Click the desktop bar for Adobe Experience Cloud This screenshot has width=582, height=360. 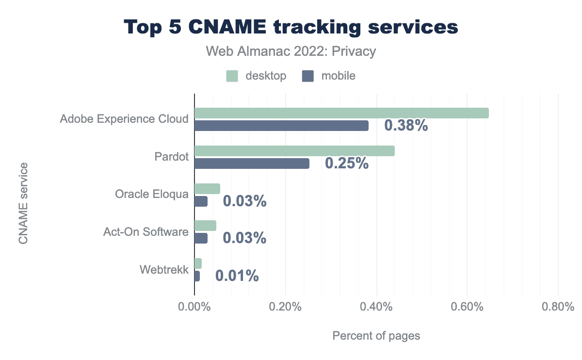(341, 113)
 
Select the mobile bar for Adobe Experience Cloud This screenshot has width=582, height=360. (281, 126)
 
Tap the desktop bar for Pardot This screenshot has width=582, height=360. (294, 151)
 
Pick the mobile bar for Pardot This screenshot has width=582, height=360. (252, 164)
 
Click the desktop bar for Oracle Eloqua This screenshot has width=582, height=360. (207, 189)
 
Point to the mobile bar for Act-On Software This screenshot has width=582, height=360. (201, 239)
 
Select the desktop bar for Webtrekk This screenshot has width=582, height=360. (198, 263)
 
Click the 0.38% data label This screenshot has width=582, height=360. (406, 126)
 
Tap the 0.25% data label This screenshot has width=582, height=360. (347, 164)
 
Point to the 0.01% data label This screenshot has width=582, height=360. (237, 276)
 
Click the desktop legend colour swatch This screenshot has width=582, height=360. (232, 76)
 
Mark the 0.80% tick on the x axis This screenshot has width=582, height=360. (558, 307)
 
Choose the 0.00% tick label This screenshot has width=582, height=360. (194, 307)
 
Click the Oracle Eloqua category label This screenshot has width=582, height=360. (151, 195)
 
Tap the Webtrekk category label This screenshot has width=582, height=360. (164, 270)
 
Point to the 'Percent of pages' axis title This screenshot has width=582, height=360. (376, 336)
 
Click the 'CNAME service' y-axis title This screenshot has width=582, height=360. (23, 204)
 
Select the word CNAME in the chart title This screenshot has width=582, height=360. (234, 28)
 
